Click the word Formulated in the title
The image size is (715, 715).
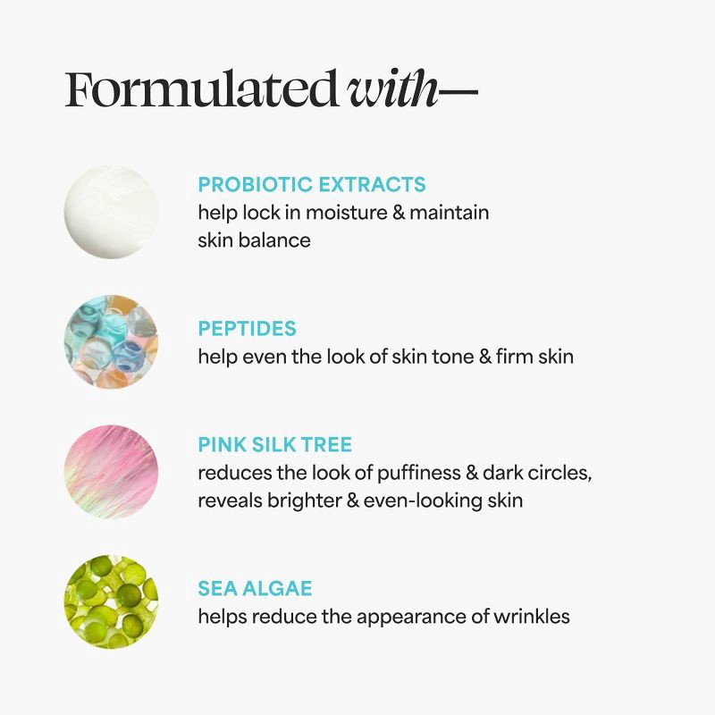point(201,90)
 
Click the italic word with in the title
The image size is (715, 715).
point(393,90)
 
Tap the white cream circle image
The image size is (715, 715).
point(111,212)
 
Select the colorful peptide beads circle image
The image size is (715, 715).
point(111,341)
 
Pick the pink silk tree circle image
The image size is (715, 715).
point(111,471)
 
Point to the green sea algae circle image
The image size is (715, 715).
point(111,601)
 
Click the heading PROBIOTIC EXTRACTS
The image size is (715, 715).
point(312,185)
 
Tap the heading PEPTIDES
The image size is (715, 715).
point(248,329)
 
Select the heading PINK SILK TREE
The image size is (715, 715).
point(275,445)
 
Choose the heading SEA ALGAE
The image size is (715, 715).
point(255,589)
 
